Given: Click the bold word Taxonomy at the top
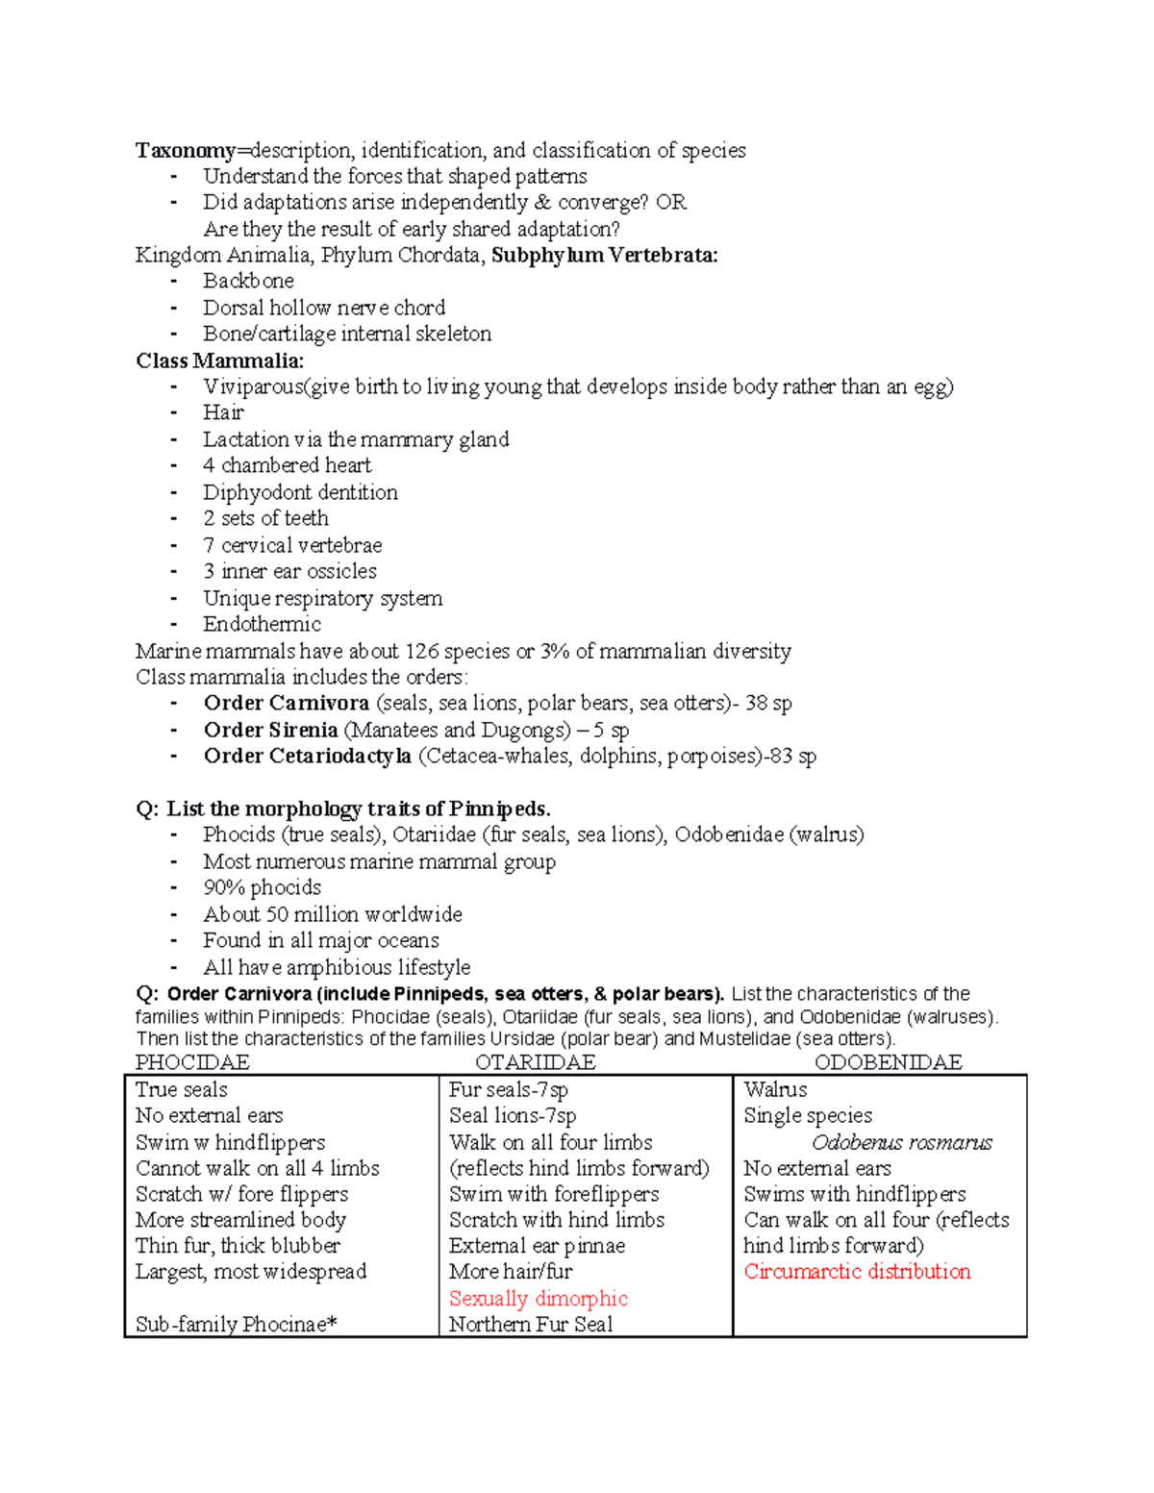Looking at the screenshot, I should [186, 150].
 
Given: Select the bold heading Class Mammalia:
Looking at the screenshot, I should [219, 361].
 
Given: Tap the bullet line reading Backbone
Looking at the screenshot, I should [248, 281].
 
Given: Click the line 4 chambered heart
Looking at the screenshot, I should [287, 465].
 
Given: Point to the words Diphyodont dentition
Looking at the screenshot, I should [300, 492].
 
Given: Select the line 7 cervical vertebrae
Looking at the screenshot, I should [292, 545].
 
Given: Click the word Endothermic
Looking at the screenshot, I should [262, 624].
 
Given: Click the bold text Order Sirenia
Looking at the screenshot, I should [270, 730].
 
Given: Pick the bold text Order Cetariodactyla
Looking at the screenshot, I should [307, 756].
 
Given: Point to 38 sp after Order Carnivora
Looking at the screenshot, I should [768, 703].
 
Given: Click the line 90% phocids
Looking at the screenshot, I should [262, 887].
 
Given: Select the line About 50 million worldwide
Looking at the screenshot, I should [333, 914].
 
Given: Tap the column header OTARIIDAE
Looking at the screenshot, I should [536, 1062].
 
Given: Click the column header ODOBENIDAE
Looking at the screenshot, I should [888, 1062].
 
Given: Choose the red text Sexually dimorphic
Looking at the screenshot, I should [538, 1299].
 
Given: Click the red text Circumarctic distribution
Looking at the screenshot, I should [857, 1272].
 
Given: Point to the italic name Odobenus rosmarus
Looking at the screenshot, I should [901, 1143].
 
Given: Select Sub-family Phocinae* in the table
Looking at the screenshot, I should [237, 1325].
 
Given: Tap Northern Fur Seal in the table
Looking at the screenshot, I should [531, 1325].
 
